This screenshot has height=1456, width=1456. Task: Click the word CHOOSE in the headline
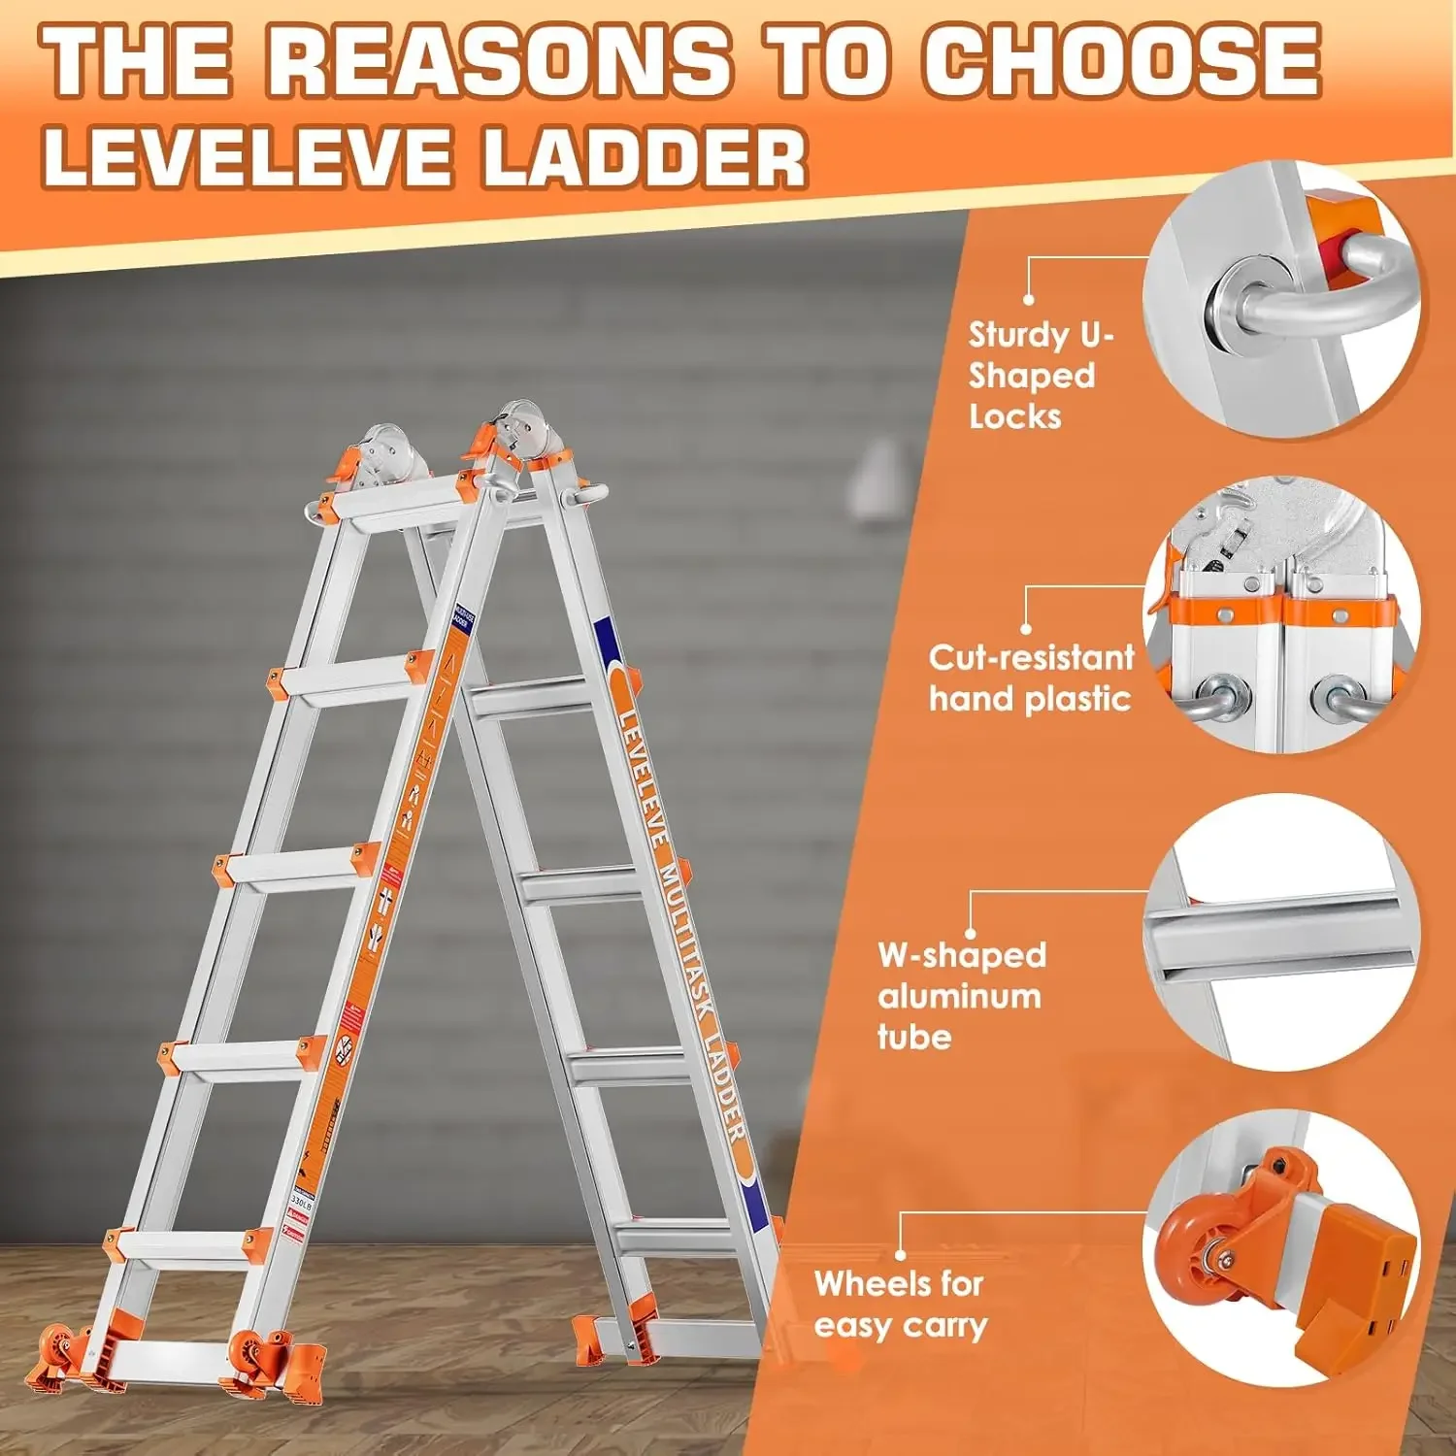point(1121,60)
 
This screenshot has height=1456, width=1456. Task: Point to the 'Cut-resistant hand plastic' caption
point(1031,678)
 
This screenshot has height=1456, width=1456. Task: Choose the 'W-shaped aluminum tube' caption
point(961,996)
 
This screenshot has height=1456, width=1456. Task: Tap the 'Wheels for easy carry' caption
point(901,1304)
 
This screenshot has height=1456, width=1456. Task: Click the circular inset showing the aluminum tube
point(1281,932)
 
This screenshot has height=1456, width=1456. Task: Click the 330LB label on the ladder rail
point(301,1200)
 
